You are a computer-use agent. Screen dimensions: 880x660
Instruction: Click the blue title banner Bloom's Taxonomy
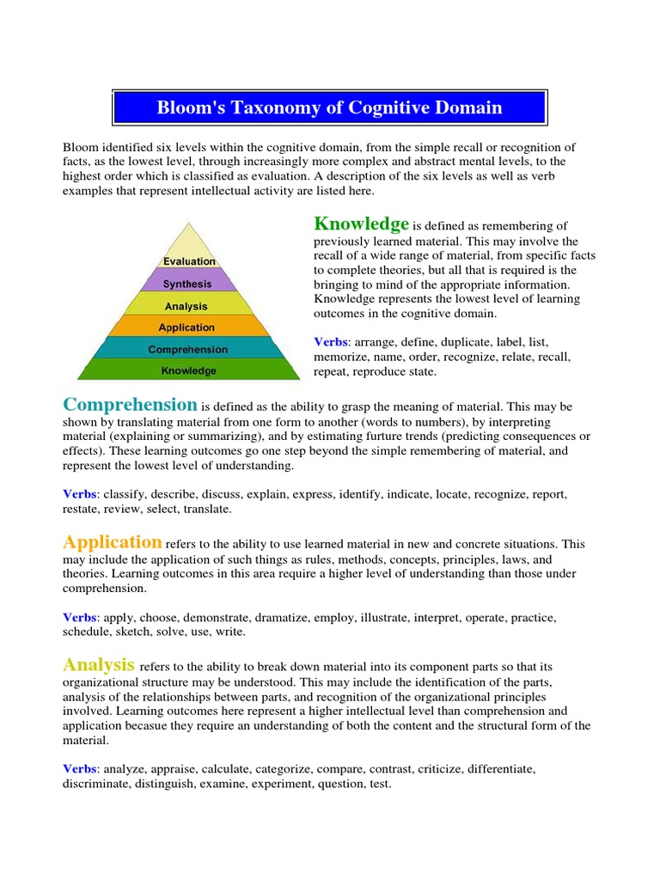click(329, 107)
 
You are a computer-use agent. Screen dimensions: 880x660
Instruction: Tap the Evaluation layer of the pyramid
click(189, 260)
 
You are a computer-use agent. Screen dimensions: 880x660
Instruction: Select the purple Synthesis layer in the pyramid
click(188, 283)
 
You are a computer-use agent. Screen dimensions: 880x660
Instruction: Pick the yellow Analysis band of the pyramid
click(186, 305)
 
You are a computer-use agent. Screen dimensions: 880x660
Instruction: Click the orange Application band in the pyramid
click(186, 327)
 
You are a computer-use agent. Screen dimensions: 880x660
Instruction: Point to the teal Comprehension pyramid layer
click(187, 349)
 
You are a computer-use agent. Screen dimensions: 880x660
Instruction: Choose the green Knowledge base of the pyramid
click(189, 370)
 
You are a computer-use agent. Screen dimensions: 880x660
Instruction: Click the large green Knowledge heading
click(361, 224)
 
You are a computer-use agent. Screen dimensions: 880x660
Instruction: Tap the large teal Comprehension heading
click(130, 405)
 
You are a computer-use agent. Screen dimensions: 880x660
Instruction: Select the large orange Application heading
click(113, 542)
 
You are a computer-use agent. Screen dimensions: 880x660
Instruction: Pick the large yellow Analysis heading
click(99, 664)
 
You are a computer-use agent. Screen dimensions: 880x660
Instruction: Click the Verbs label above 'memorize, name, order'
click(330, 342)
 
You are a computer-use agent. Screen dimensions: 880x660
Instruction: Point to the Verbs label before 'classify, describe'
click(79, 495)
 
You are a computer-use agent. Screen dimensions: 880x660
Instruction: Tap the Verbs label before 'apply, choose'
click(79, 618)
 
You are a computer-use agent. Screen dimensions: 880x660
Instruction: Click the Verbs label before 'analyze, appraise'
click(79, 768)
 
